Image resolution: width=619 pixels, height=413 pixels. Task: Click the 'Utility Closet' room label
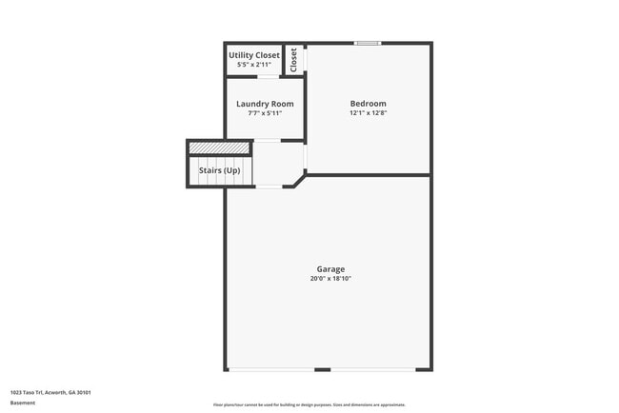tap(253, 55)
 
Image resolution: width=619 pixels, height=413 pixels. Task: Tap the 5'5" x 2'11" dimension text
tap(253, 65)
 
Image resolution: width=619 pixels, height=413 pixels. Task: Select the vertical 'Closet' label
tap(293, 59)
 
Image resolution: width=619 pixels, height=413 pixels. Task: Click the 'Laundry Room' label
tap(265, 104)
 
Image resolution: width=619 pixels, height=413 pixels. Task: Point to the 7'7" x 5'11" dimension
tap(265, 113)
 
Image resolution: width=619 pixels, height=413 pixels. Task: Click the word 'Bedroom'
tap(368, 104)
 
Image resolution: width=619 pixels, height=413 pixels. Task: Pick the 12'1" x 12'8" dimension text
tap(368, 113)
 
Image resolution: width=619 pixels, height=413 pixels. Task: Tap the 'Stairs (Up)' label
tap(219, 170)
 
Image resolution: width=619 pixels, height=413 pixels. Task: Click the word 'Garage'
tap(331, 269)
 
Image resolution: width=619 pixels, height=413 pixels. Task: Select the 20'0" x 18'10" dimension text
tap(331, 279)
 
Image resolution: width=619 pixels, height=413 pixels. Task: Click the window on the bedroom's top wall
tap(368, 43)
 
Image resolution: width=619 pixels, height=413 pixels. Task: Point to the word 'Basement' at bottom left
tap(23, 403)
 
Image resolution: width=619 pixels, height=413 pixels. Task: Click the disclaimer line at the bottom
tap(309, 403)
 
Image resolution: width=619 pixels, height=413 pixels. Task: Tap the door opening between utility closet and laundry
tap(266, 76)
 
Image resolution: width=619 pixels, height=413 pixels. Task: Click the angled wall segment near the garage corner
tap(299, 179)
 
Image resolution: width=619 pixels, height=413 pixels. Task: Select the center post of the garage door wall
tap(323, 370)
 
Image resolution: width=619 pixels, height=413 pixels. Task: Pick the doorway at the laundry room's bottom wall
tap(268, 140)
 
